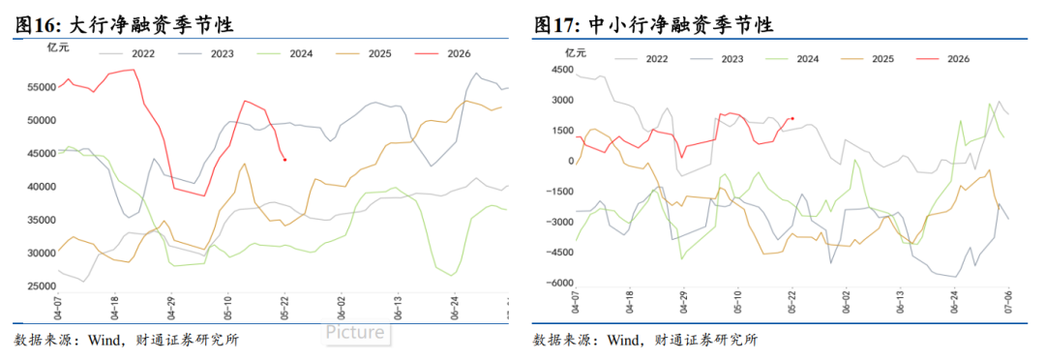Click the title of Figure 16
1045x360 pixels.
click(x=124, y=25)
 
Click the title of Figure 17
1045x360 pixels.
click(x=653, y=25)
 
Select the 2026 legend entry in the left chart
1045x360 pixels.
click(x=442, y=53)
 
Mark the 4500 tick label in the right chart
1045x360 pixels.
click(x=562, y=70)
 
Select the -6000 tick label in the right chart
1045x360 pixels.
click(x=560, y=284)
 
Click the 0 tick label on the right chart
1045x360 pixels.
click(x=571, y=162)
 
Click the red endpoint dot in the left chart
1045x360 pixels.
click(x=285, y=160)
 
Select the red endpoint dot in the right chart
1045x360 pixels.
click(x=792, y=118)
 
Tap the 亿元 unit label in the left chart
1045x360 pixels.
click(x=57, y=46)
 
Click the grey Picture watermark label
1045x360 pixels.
click(x=354, y=332)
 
